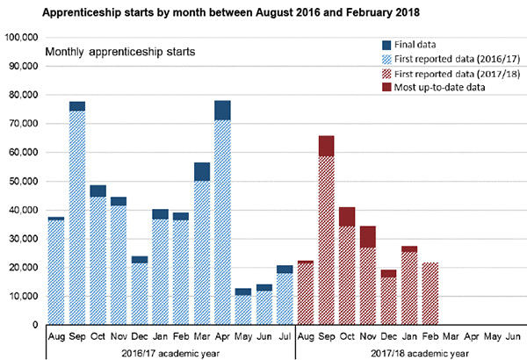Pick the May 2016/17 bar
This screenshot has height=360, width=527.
coord(242,307)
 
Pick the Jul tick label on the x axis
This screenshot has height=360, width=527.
coord(284,335)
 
